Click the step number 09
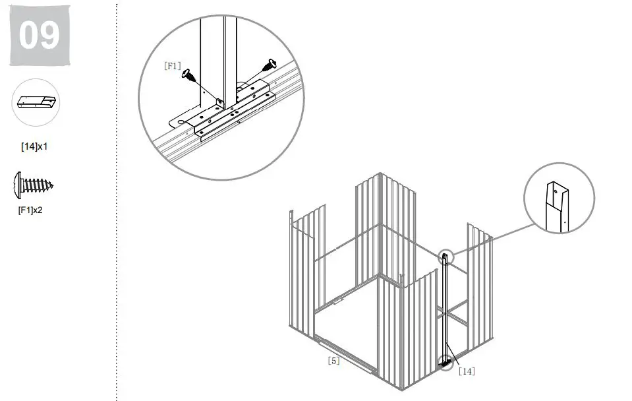click(39, 36)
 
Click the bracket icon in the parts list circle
click(37, 103)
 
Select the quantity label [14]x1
click(34, 146)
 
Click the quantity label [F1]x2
click(30, 211)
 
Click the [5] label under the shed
click(333, 361)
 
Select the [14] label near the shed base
click(466, 371)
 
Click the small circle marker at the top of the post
click(445, 257)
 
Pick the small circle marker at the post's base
click(447, 361)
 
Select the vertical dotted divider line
click(117, 198)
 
